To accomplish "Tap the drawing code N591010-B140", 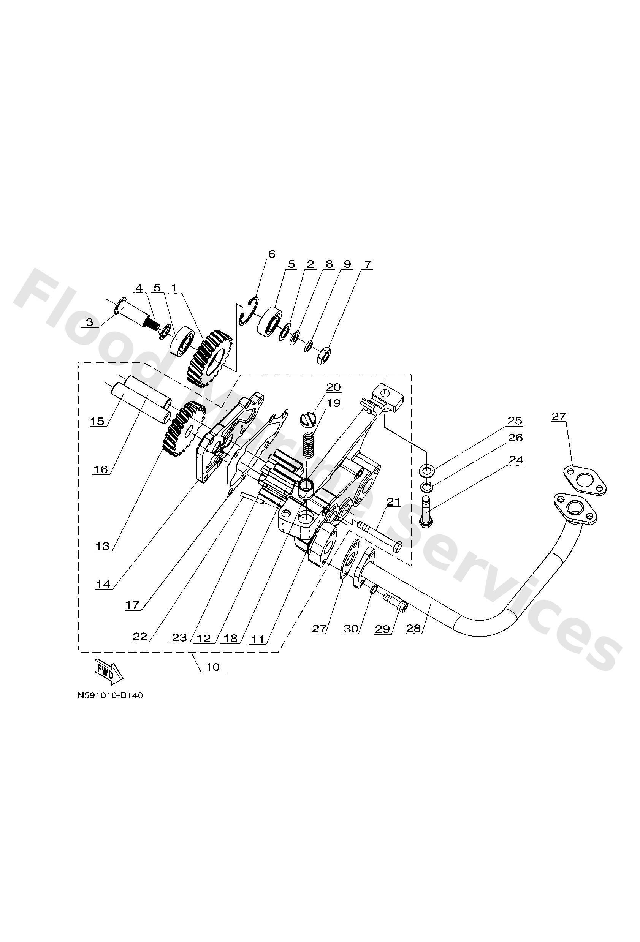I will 110,695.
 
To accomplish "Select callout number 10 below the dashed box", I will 212,667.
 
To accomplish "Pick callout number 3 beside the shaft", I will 89,322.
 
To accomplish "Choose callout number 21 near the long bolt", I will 393,502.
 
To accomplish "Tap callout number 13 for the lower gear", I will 102,546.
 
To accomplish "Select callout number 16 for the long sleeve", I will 101,469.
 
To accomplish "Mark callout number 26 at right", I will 515,438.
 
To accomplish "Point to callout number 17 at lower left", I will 132,605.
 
